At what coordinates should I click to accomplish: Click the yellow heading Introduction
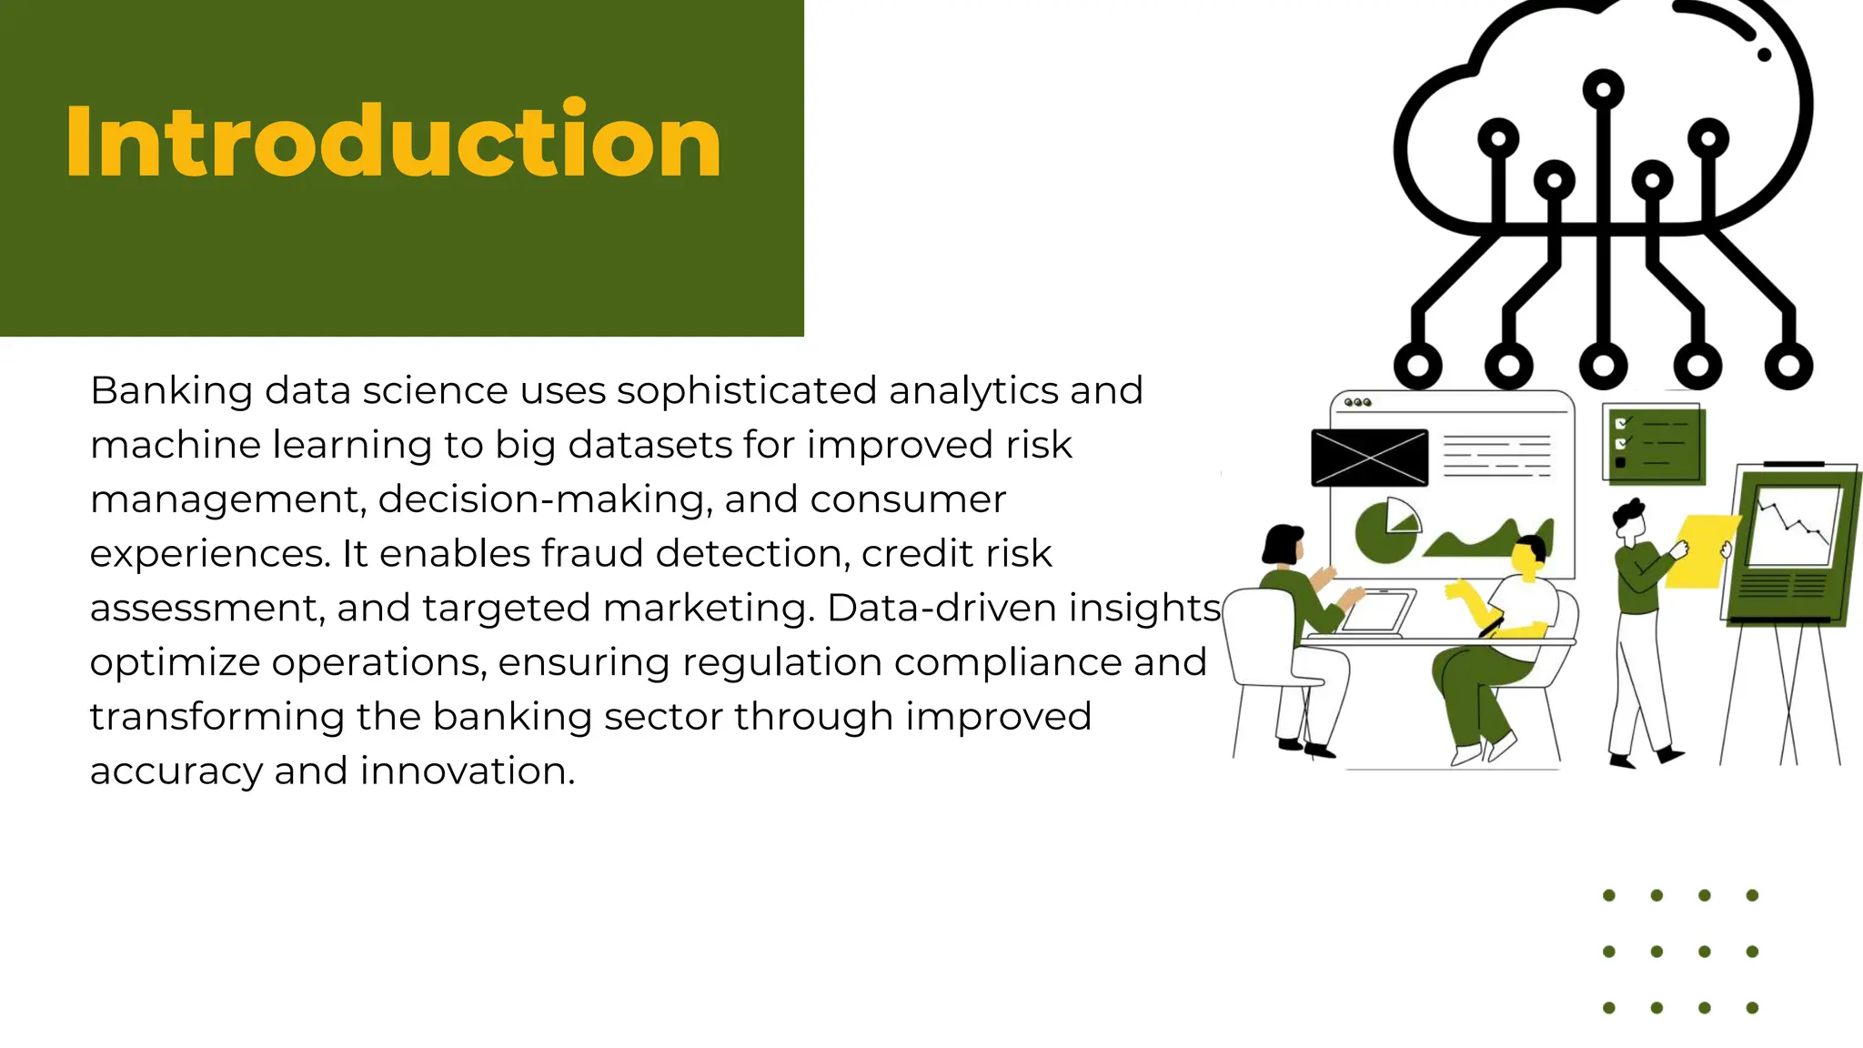pyautogui.click(x=393, y=141)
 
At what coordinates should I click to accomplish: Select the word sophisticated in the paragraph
pyautogui.click(x=747, y=391)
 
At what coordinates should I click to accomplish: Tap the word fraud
pyautogui.click(x=594, y=554)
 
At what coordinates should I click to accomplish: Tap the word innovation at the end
pyautogui.click(x=468, y=771)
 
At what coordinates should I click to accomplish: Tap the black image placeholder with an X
pyautogui.click(x=1369, y=458)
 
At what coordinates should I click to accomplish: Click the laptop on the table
pyautogui.click(x=1376, y=612)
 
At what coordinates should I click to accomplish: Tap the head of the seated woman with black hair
pyautogui.click(x=1284, y=543)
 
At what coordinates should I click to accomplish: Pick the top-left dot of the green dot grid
pyautogui.click(x=1609, y=895)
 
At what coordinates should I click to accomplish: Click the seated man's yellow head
pyautogui.click(x=1527, y=558)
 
